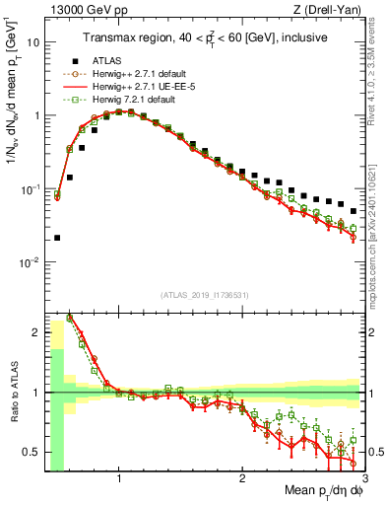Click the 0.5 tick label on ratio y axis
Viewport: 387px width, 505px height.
pos(32,452)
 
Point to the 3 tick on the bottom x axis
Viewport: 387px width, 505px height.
pos(364,479)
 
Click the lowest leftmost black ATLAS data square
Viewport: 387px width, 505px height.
pos(57,238)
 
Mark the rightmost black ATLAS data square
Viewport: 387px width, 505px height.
pos(354,211)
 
